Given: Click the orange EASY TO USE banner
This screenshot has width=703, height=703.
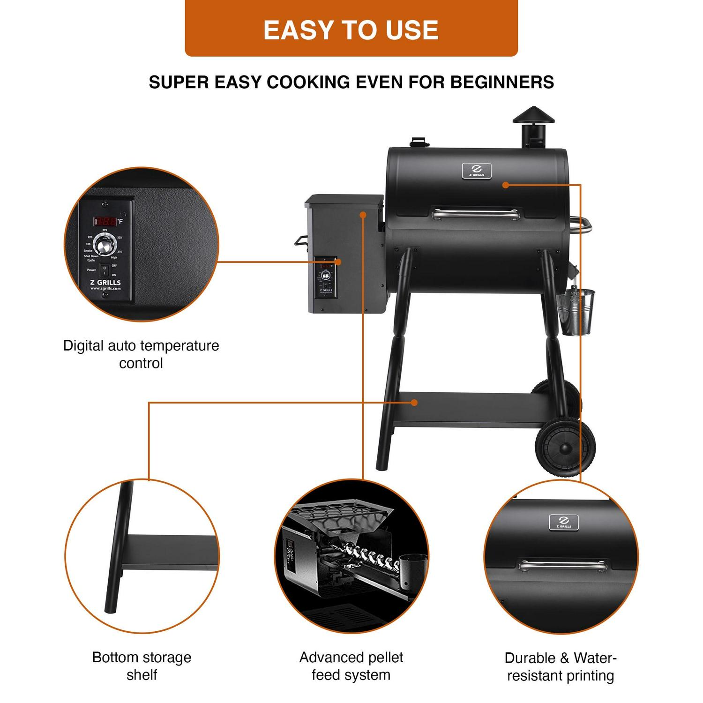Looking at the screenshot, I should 351,29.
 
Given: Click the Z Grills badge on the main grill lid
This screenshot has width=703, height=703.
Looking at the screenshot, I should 477,171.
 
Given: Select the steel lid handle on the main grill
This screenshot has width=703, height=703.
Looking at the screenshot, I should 475,215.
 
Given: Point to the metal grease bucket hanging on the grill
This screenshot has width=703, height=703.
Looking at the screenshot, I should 575,312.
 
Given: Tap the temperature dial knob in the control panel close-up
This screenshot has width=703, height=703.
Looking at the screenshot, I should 104,244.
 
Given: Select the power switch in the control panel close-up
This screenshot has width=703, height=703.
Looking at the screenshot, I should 105,270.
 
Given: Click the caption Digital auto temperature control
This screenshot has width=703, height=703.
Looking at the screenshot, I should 141,354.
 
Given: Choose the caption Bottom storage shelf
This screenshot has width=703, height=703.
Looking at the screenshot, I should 142,666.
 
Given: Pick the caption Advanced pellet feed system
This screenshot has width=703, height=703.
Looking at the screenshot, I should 351,666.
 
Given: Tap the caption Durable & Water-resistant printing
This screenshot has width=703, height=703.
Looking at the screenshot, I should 561,667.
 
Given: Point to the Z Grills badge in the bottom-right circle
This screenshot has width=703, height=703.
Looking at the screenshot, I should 564,522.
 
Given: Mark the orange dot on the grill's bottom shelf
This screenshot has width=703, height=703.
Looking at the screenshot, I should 414,403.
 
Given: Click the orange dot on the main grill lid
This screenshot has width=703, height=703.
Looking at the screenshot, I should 505,185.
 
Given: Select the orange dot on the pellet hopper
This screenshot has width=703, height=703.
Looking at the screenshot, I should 362,215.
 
